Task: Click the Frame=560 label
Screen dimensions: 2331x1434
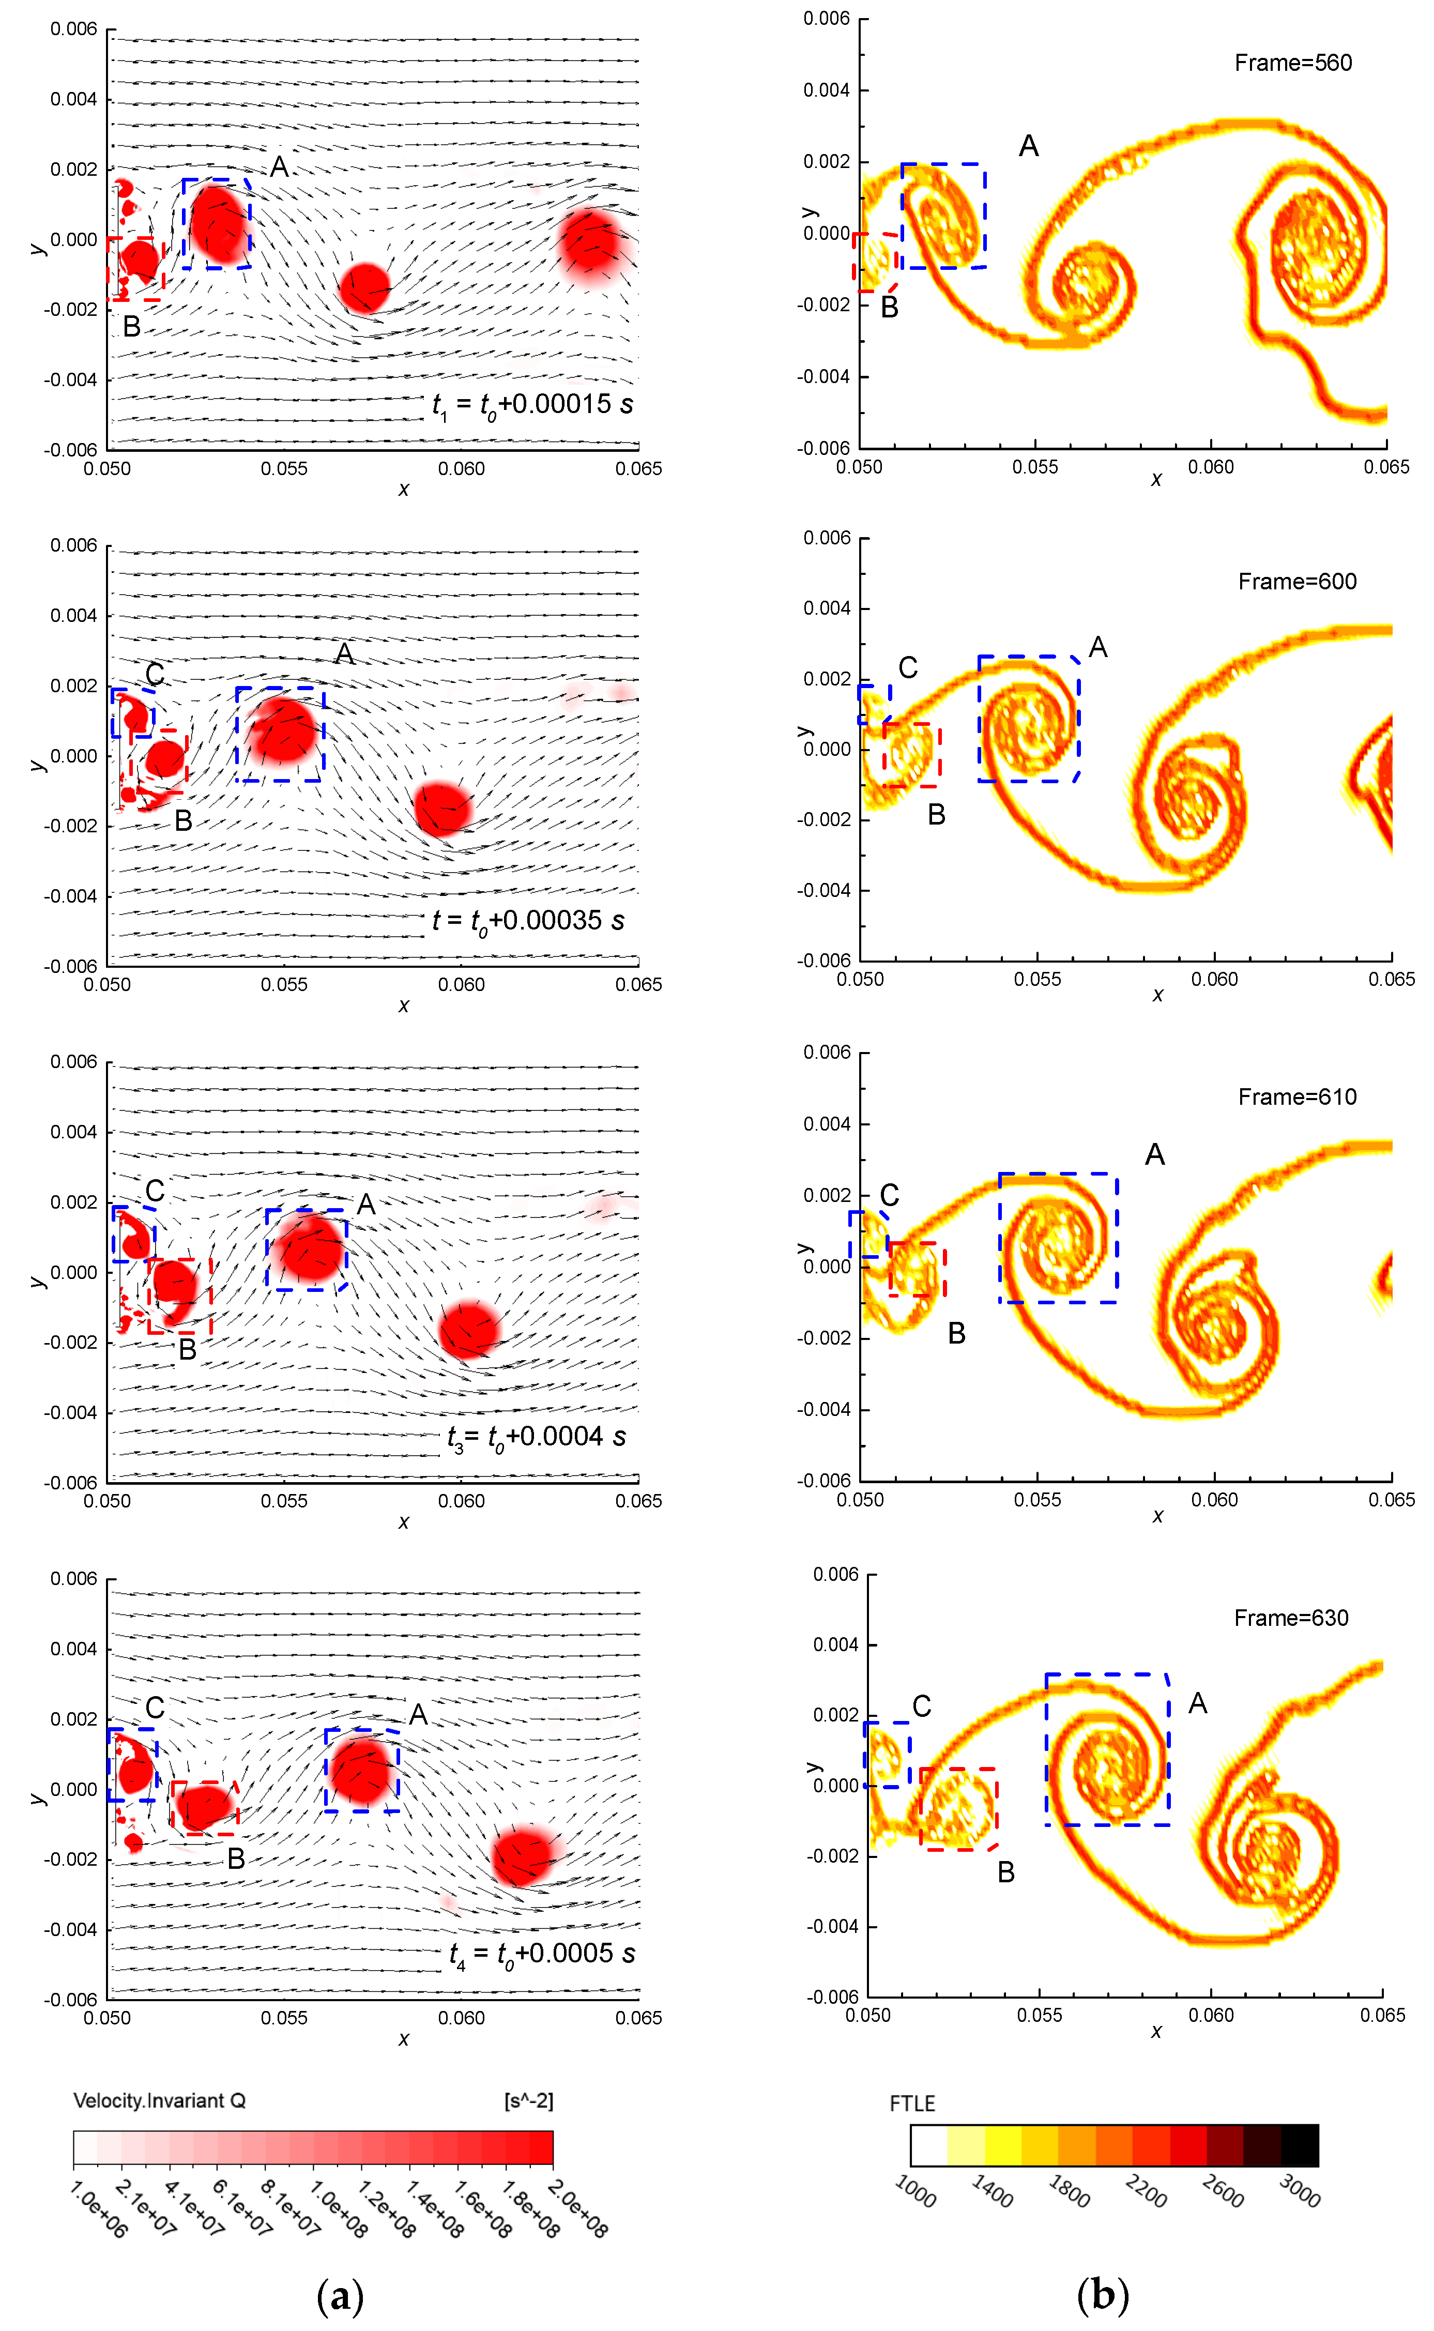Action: coord(1293,64)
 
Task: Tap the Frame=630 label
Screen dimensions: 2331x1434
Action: coord(1291,1618)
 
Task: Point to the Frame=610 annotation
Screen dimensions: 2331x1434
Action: coord(1296,1097)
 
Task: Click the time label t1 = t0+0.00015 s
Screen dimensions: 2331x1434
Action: coord(532,405)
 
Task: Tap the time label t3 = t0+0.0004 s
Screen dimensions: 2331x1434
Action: coord(536,1438)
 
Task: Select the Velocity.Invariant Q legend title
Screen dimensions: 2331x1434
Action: coord(159,2101)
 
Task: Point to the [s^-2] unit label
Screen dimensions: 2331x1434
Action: coord(528,2101)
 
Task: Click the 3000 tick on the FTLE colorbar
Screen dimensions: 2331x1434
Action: coord(1299,2191)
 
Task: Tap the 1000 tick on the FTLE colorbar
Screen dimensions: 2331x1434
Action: coord(915,2191)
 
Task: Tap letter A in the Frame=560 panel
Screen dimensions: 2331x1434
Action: coord(1029,146)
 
